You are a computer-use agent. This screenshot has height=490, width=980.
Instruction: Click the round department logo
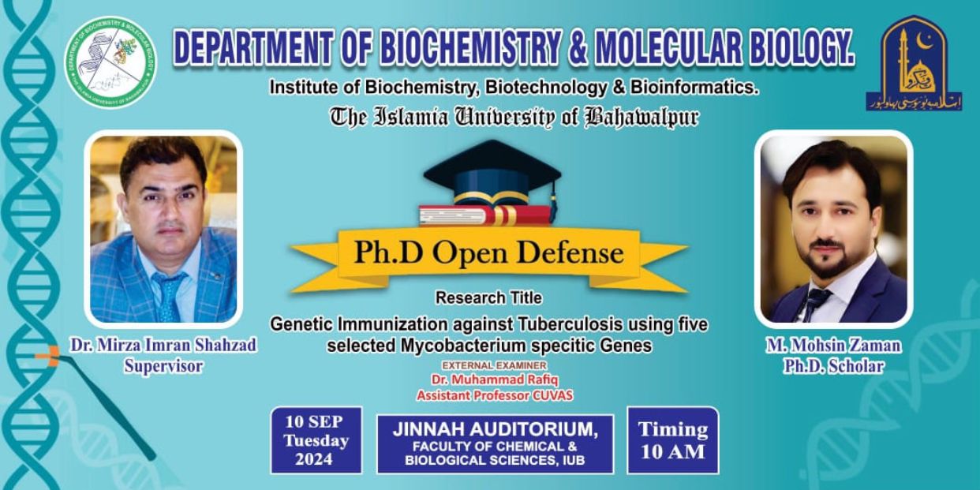click(110, 62)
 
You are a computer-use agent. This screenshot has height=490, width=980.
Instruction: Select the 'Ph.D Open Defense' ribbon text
click(488, 252)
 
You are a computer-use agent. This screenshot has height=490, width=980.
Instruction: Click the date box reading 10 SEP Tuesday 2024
click(316, 440)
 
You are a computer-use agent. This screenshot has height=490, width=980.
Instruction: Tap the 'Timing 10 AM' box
click(672, 440)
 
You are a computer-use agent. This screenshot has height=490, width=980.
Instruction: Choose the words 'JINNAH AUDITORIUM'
click(495, 429)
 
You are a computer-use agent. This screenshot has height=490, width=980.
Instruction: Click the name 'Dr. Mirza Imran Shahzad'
click(163, 346)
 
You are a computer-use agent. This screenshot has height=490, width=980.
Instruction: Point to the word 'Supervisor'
click(163, 366)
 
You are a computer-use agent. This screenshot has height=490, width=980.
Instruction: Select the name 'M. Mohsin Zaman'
click(833, 346)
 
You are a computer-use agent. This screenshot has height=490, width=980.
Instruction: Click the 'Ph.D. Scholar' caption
click(833, 366)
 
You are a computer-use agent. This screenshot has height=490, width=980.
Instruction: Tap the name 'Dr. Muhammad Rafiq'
click(495, 380)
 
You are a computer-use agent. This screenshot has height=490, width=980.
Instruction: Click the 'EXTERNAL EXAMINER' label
click(495, 366)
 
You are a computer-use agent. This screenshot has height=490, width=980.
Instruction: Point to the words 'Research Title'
click(488, 298)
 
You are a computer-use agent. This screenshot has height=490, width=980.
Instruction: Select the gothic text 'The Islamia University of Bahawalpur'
click(514, 118)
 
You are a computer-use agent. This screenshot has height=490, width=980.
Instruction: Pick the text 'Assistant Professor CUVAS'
click(495, 395)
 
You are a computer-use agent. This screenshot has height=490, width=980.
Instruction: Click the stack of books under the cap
click(484, 215)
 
